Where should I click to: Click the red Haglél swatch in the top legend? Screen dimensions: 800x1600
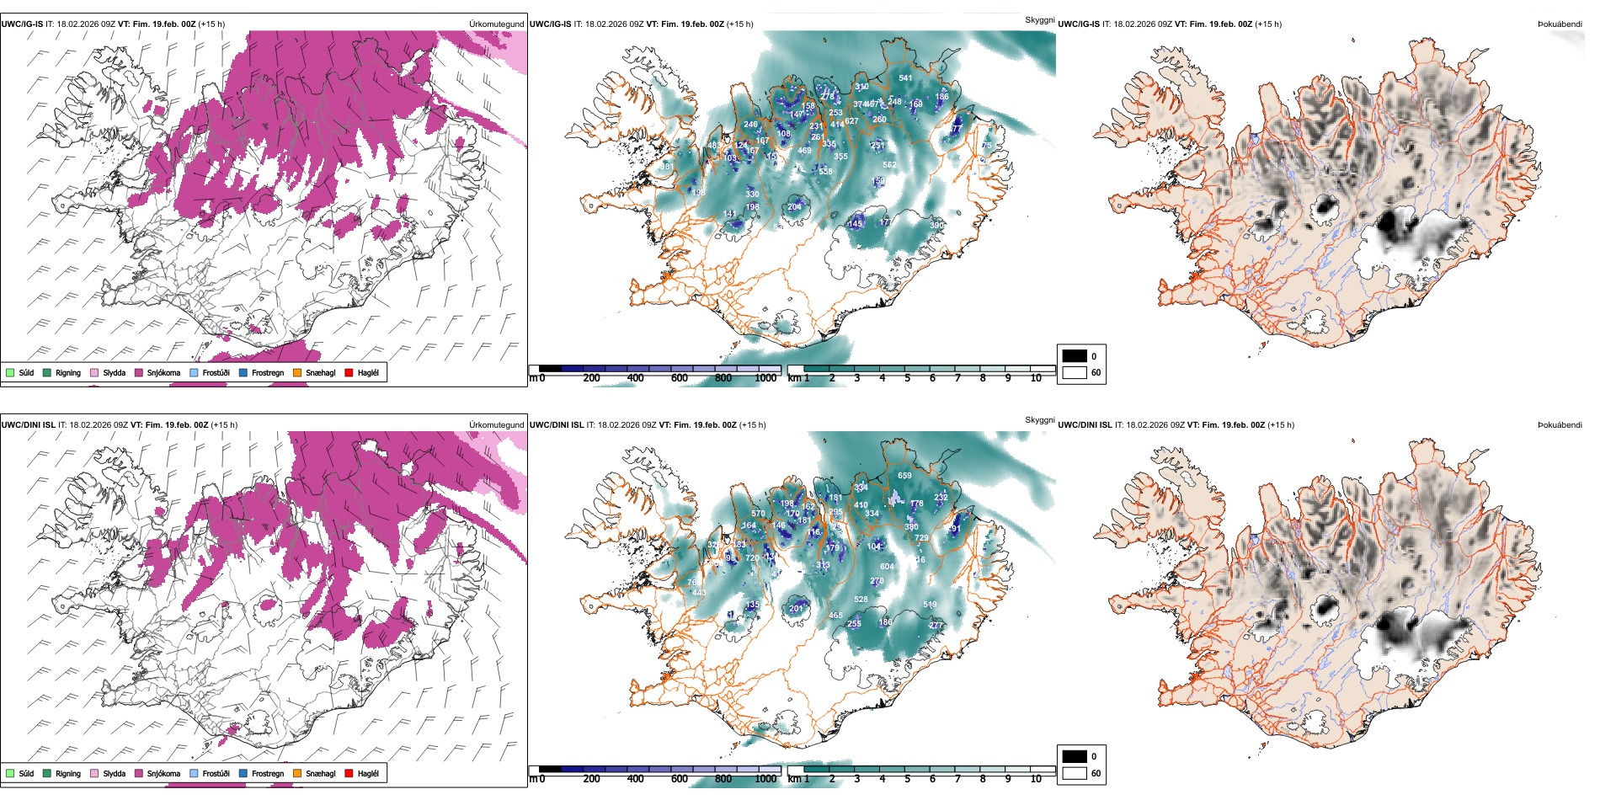pos(349,372)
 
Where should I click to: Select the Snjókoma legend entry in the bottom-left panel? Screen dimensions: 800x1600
pos(163,773)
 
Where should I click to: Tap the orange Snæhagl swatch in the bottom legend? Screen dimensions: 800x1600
pos(297,773)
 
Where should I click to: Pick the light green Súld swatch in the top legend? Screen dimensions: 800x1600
pos(10,372)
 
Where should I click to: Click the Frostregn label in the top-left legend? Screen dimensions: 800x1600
pos(267,372)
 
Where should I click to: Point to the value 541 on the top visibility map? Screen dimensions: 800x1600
pos(905,78)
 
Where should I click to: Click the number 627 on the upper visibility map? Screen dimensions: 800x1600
pos(851,121)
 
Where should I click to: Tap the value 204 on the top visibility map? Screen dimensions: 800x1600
pos(794,207)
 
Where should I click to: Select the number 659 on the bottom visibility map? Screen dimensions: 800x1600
pos(904,476)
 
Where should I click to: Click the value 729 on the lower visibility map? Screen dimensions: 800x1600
pos(921,538)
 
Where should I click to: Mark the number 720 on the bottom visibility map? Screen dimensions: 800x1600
pos(752,558)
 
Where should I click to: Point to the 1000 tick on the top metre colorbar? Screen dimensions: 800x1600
pos(765,378)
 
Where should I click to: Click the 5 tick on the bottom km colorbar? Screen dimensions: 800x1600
pos(907,779)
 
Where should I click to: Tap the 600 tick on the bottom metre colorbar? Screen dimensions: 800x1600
pos(679,779)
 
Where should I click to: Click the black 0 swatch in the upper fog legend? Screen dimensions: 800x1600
pos(1075,356)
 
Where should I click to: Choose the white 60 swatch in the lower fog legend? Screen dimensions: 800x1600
pos(1075,773)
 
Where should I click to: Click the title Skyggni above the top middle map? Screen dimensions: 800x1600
pos(1039,19)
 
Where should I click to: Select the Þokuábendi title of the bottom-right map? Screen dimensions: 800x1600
pos(1560,424)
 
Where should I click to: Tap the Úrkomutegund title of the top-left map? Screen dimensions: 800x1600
pos(496,24)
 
